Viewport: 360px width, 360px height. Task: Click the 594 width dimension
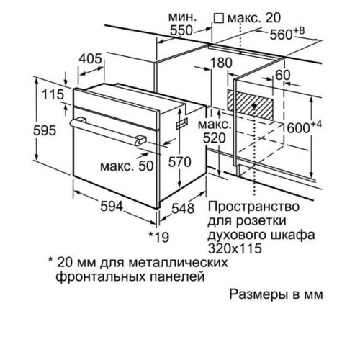112,206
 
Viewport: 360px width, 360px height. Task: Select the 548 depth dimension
183,208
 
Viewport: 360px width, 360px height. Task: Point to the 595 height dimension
45,131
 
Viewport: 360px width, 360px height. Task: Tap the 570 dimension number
179,161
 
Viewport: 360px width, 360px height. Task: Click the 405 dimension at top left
91,58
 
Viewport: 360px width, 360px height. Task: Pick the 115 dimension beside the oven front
53,94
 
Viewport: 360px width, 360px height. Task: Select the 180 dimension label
221,63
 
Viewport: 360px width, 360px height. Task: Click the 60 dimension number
283,75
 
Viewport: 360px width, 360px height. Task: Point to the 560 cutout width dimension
287,34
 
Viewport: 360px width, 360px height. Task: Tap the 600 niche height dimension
304,127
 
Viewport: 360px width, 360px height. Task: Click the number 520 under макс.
215,138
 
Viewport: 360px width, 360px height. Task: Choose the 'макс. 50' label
127,166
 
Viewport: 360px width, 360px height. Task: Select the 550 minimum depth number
181,30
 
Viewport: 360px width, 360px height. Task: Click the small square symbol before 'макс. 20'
219,18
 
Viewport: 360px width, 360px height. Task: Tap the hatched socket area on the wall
250,105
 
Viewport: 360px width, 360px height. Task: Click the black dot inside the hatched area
255,105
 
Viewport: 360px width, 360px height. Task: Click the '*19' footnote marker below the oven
159,237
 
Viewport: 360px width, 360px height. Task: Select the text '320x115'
235,248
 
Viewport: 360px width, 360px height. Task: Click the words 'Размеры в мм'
276,294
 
